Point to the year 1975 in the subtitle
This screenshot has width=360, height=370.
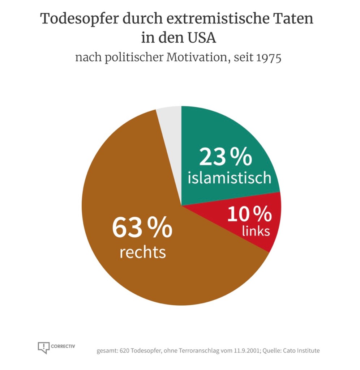pyautogui.click(x=269, y=58)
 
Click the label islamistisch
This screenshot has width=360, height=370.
pyautogui.click(x=229, y=178)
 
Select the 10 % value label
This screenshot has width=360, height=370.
pyautogui.click(x=249, y=214)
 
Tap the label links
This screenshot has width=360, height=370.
pyautogui.click(x=256, y=231)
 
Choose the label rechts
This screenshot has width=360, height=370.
pyautogui.click(x=142, y=252)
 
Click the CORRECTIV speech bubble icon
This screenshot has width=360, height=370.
pyautogui.click(x=43, y=348)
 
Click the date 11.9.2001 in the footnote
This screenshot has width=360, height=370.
pyautogui.click(x=245, y=350)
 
